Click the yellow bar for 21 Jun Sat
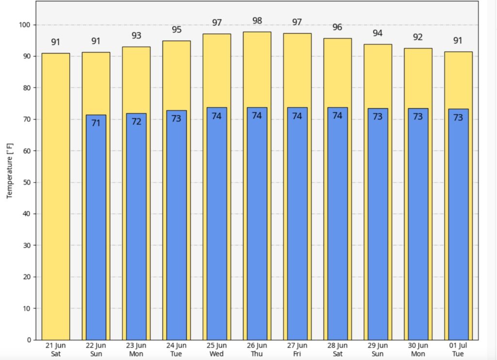pos(55,194)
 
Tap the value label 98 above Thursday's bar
pos(257,20)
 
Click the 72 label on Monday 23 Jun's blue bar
pos(136,121)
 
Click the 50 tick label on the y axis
pos(27,182)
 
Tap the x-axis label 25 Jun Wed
pos(216,349)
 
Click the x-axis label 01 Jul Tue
pos(458,349)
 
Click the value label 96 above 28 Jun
pos(337,27)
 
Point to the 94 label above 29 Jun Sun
pos(378,33)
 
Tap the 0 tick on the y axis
pos(29,340)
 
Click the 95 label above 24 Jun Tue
pos(177,30)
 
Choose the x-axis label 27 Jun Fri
pos(297,349)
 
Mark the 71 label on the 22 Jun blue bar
pos(96,123)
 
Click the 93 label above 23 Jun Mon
pos(136,36)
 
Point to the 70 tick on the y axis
pos(27,119)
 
